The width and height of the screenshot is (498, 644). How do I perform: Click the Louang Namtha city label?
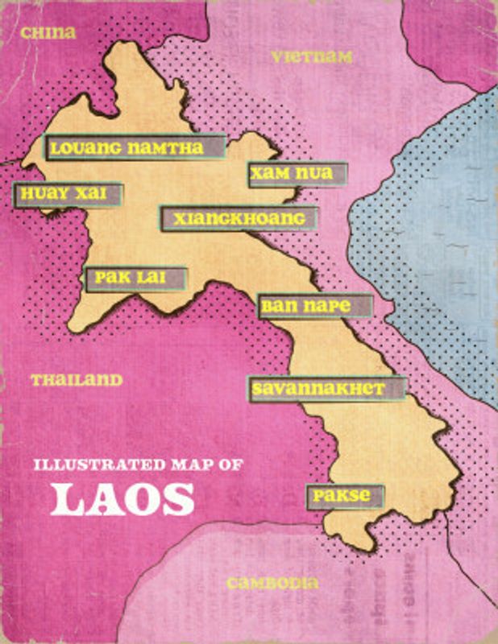135,148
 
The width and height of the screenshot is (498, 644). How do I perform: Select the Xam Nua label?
297,174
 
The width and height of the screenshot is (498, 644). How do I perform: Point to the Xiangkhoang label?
239,218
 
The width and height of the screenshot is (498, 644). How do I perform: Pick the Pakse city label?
344,496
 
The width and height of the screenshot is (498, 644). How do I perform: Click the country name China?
48,33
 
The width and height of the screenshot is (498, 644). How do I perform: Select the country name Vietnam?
312,56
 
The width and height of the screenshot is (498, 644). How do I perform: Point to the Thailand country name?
77,380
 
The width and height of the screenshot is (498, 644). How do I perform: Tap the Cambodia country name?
272,584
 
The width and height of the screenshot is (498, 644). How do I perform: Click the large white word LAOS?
122,499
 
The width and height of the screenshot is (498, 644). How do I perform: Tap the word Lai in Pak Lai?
151,279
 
